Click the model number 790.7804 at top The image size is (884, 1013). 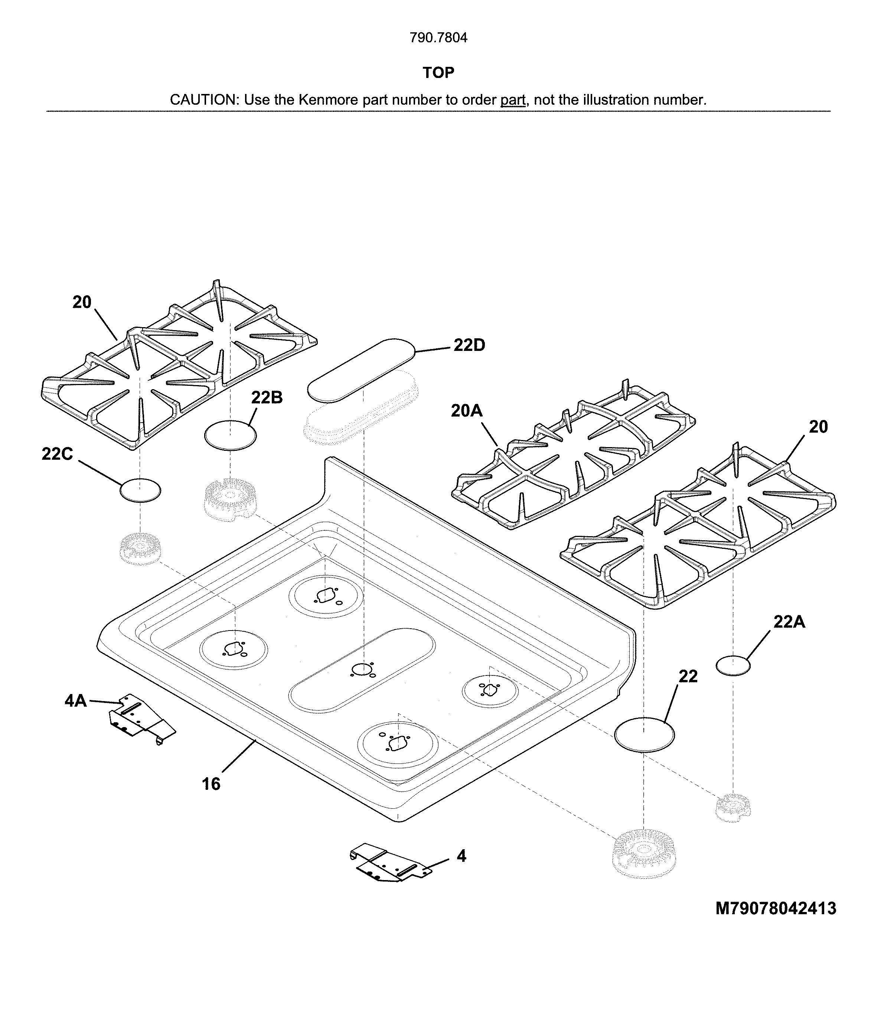pyautogui.click(x=438, y=38)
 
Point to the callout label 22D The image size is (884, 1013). pyautogui.click(x=469, y=345)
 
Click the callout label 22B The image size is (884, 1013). pyautogui.click(x=267, y=397)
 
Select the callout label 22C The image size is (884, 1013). pyautogui.click(x=57, y=453)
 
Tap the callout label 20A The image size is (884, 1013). pyautogui.click(x=467, y=411)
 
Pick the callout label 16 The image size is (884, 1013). pyautogui.click(x=211, y=784)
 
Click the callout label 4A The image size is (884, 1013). pyautogui.click(x=75, y=700)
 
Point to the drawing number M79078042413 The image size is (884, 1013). pyautogui.click(x=776, y=908)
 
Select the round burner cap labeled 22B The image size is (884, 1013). pyautogui.click(x=230, y=435)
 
